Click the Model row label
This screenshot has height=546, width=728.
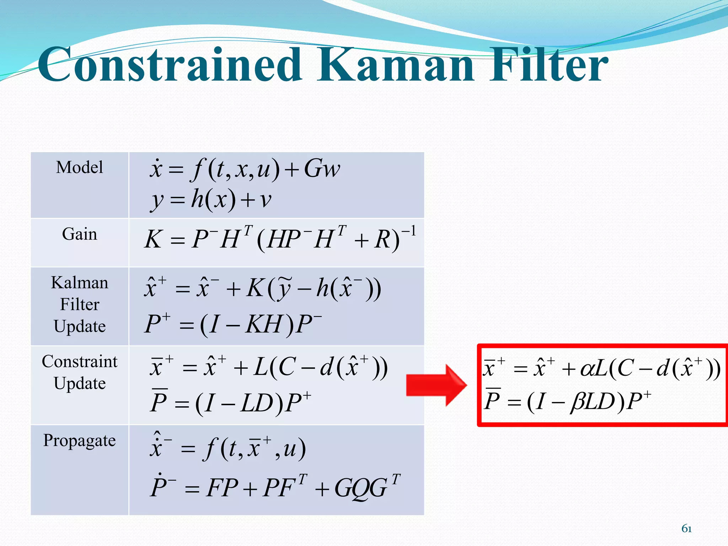[79, 167]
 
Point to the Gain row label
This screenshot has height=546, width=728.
[79, 234]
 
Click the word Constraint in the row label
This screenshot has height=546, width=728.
[79, 361]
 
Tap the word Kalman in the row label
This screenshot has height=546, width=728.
[79, 283]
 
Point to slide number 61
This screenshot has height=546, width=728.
[686, 529]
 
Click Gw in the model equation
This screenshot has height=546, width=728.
[322, 168]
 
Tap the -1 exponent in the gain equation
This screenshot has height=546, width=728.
[409, 232]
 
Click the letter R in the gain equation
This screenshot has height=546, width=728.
[382, 239]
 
